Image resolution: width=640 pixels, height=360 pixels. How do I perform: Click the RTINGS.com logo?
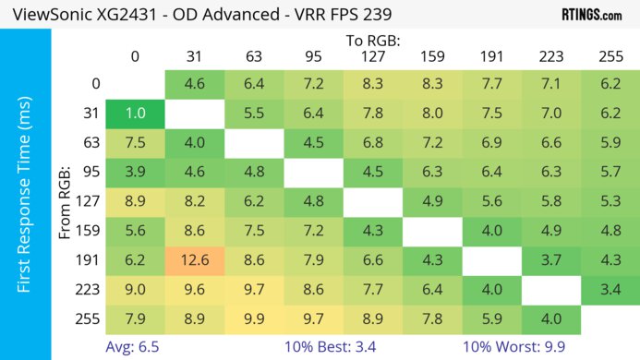(591, 15)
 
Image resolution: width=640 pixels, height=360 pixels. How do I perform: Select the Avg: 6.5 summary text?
(136, 347)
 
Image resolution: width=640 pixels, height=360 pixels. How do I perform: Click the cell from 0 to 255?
(610, 82)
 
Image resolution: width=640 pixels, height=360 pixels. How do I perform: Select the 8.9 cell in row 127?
(136, 202)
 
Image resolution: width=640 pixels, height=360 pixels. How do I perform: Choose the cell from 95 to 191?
(492, 172)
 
